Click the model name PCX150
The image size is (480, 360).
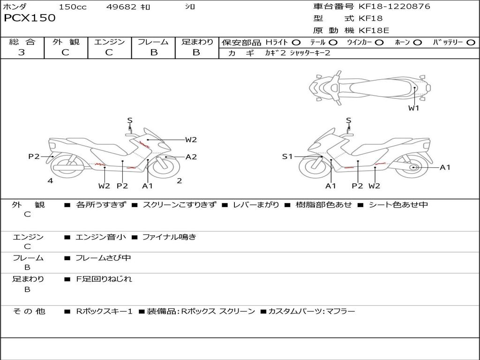click(30, 18)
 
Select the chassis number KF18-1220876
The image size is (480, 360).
click(394, 6)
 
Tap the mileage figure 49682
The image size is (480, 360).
click(121, 7)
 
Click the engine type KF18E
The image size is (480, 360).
click(374, 30)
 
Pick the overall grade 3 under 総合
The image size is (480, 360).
click(22, 52)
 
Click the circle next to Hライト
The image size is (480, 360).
click(296, 43)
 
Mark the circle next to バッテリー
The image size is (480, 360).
click(471, 43)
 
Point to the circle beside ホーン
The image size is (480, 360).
click(418, 43)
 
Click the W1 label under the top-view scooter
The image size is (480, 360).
click(413, 108)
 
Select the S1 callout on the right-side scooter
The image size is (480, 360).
click(287, 157)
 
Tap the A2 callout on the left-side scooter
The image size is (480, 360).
click(191, 157)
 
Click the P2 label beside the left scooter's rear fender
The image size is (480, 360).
click(34, 157)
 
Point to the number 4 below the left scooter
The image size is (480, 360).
click(50, 180)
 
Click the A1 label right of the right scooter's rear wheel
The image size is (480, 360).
click(445, 167)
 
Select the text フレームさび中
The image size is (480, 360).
click(103, 258)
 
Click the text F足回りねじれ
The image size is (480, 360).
click(104, 279)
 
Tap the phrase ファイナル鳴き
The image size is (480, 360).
click(169, 237)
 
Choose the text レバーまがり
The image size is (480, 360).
click(256, 204)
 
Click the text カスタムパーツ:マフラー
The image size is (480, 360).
click(312, 311)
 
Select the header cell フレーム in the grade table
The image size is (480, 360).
click(153, 42)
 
